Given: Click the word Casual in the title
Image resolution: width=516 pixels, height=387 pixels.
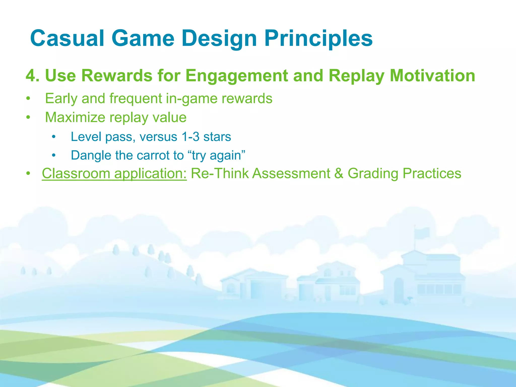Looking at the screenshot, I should pos(67,38).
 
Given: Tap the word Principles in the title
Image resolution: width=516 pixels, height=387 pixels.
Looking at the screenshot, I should pos(318,38).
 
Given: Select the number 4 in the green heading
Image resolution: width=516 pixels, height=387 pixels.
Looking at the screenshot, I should pos(31,76).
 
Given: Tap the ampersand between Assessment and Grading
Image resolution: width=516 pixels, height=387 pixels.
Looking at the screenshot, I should pos(339,174).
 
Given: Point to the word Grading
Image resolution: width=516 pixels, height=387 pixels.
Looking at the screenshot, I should pos(373,174).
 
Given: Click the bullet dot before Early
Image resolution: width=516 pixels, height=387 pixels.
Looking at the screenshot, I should pos(28,99).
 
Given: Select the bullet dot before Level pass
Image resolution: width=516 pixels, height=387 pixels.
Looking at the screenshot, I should pos(53,137).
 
